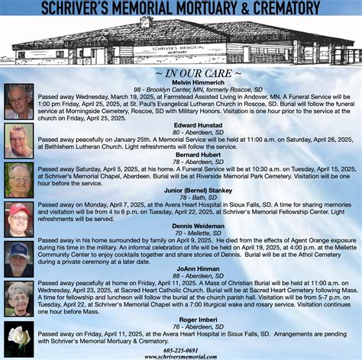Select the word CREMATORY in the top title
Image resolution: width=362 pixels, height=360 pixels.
coord(283,8)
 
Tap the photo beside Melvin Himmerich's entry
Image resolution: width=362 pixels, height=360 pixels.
coord(18,101)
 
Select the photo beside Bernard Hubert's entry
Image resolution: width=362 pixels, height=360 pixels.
coord(18,178)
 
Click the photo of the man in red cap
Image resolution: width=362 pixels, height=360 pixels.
coord(18,218)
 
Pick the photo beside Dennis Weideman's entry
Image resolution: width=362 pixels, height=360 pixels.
coord(18,258)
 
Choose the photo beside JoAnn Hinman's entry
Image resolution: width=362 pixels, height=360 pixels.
coord(18,298)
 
